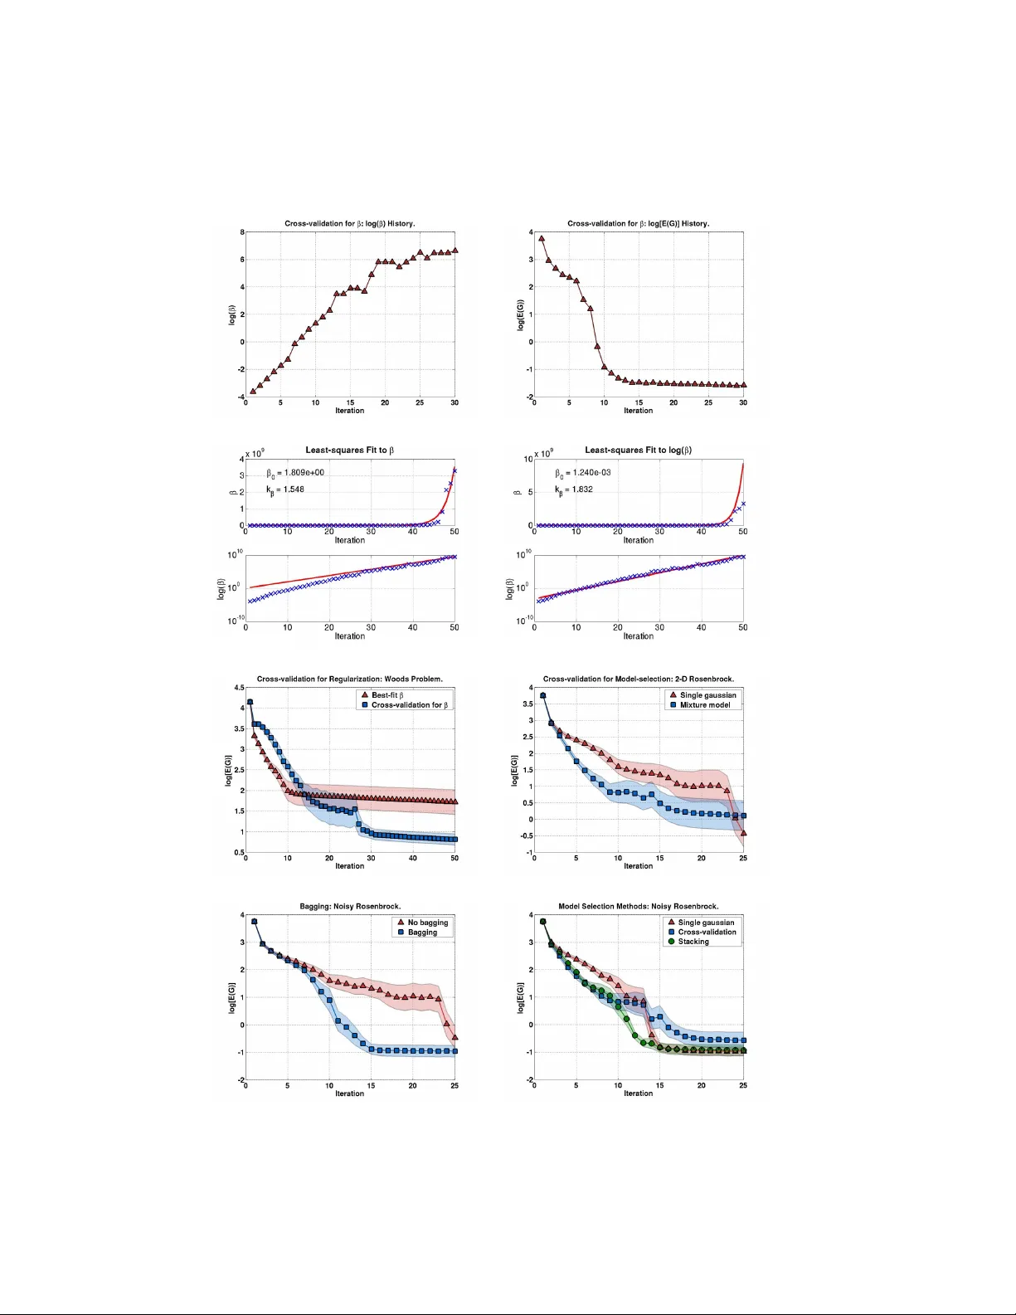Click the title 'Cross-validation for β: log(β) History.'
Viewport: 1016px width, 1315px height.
pos(349,223)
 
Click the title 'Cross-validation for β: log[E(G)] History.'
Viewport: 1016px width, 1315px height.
pos(638,223)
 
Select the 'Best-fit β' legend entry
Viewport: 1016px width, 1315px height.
pos(387,695)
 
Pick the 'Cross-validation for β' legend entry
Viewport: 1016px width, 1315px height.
pos(409,705)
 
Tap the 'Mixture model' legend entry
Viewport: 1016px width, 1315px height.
pos(705,705)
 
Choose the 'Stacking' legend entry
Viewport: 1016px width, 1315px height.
pos(693,942)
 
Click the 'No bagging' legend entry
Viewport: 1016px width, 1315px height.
pos(427,923)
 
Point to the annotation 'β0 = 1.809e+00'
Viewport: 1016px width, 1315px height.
pos(295,473)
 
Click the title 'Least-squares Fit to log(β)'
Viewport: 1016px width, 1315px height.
pos(638,451)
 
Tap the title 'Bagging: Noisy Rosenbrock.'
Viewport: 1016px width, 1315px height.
pos(349,906)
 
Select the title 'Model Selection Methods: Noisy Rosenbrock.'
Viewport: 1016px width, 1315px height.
pos(638,906)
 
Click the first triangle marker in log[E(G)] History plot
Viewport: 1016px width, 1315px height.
pos(542,239)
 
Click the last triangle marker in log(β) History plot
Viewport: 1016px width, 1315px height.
pos(455,250)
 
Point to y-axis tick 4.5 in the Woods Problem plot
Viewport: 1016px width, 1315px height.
pos(239,688)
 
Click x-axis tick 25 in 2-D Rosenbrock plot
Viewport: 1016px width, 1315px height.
pos(743,859)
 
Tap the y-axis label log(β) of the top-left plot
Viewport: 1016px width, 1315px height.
pos(232,314)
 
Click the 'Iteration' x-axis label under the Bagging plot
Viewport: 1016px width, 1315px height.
pos(349,1093)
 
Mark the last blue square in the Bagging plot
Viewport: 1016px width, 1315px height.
pos(455,1051)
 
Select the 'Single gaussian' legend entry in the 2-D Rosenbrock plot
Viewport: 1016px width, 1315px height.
pos(707,695)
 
